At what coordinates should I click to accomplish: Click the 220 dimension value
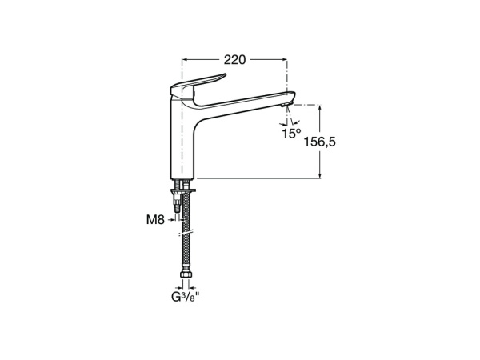[x=234, y=60]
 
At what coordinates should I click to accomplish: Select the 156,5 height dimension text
[x=319, y=142]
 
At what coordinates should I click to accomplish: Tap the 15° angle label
[x=291, y=134]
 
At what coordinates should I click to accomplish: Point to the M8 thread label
[x=155, y=219]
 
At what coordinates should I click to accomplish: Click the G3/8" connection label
[x=186, y=298]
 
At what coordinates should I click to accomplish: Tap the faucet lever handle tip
[x=224, y=74]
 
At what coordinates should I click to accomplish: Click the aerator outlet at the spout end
[x=285, y=106]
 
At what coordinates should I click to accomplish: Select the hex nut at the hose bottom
[x=186, y=274]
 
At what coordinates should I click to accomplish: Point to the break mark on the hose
[x=186, y=234]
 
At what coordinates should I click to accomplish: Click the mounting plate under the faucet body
[x=183, y=191]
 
